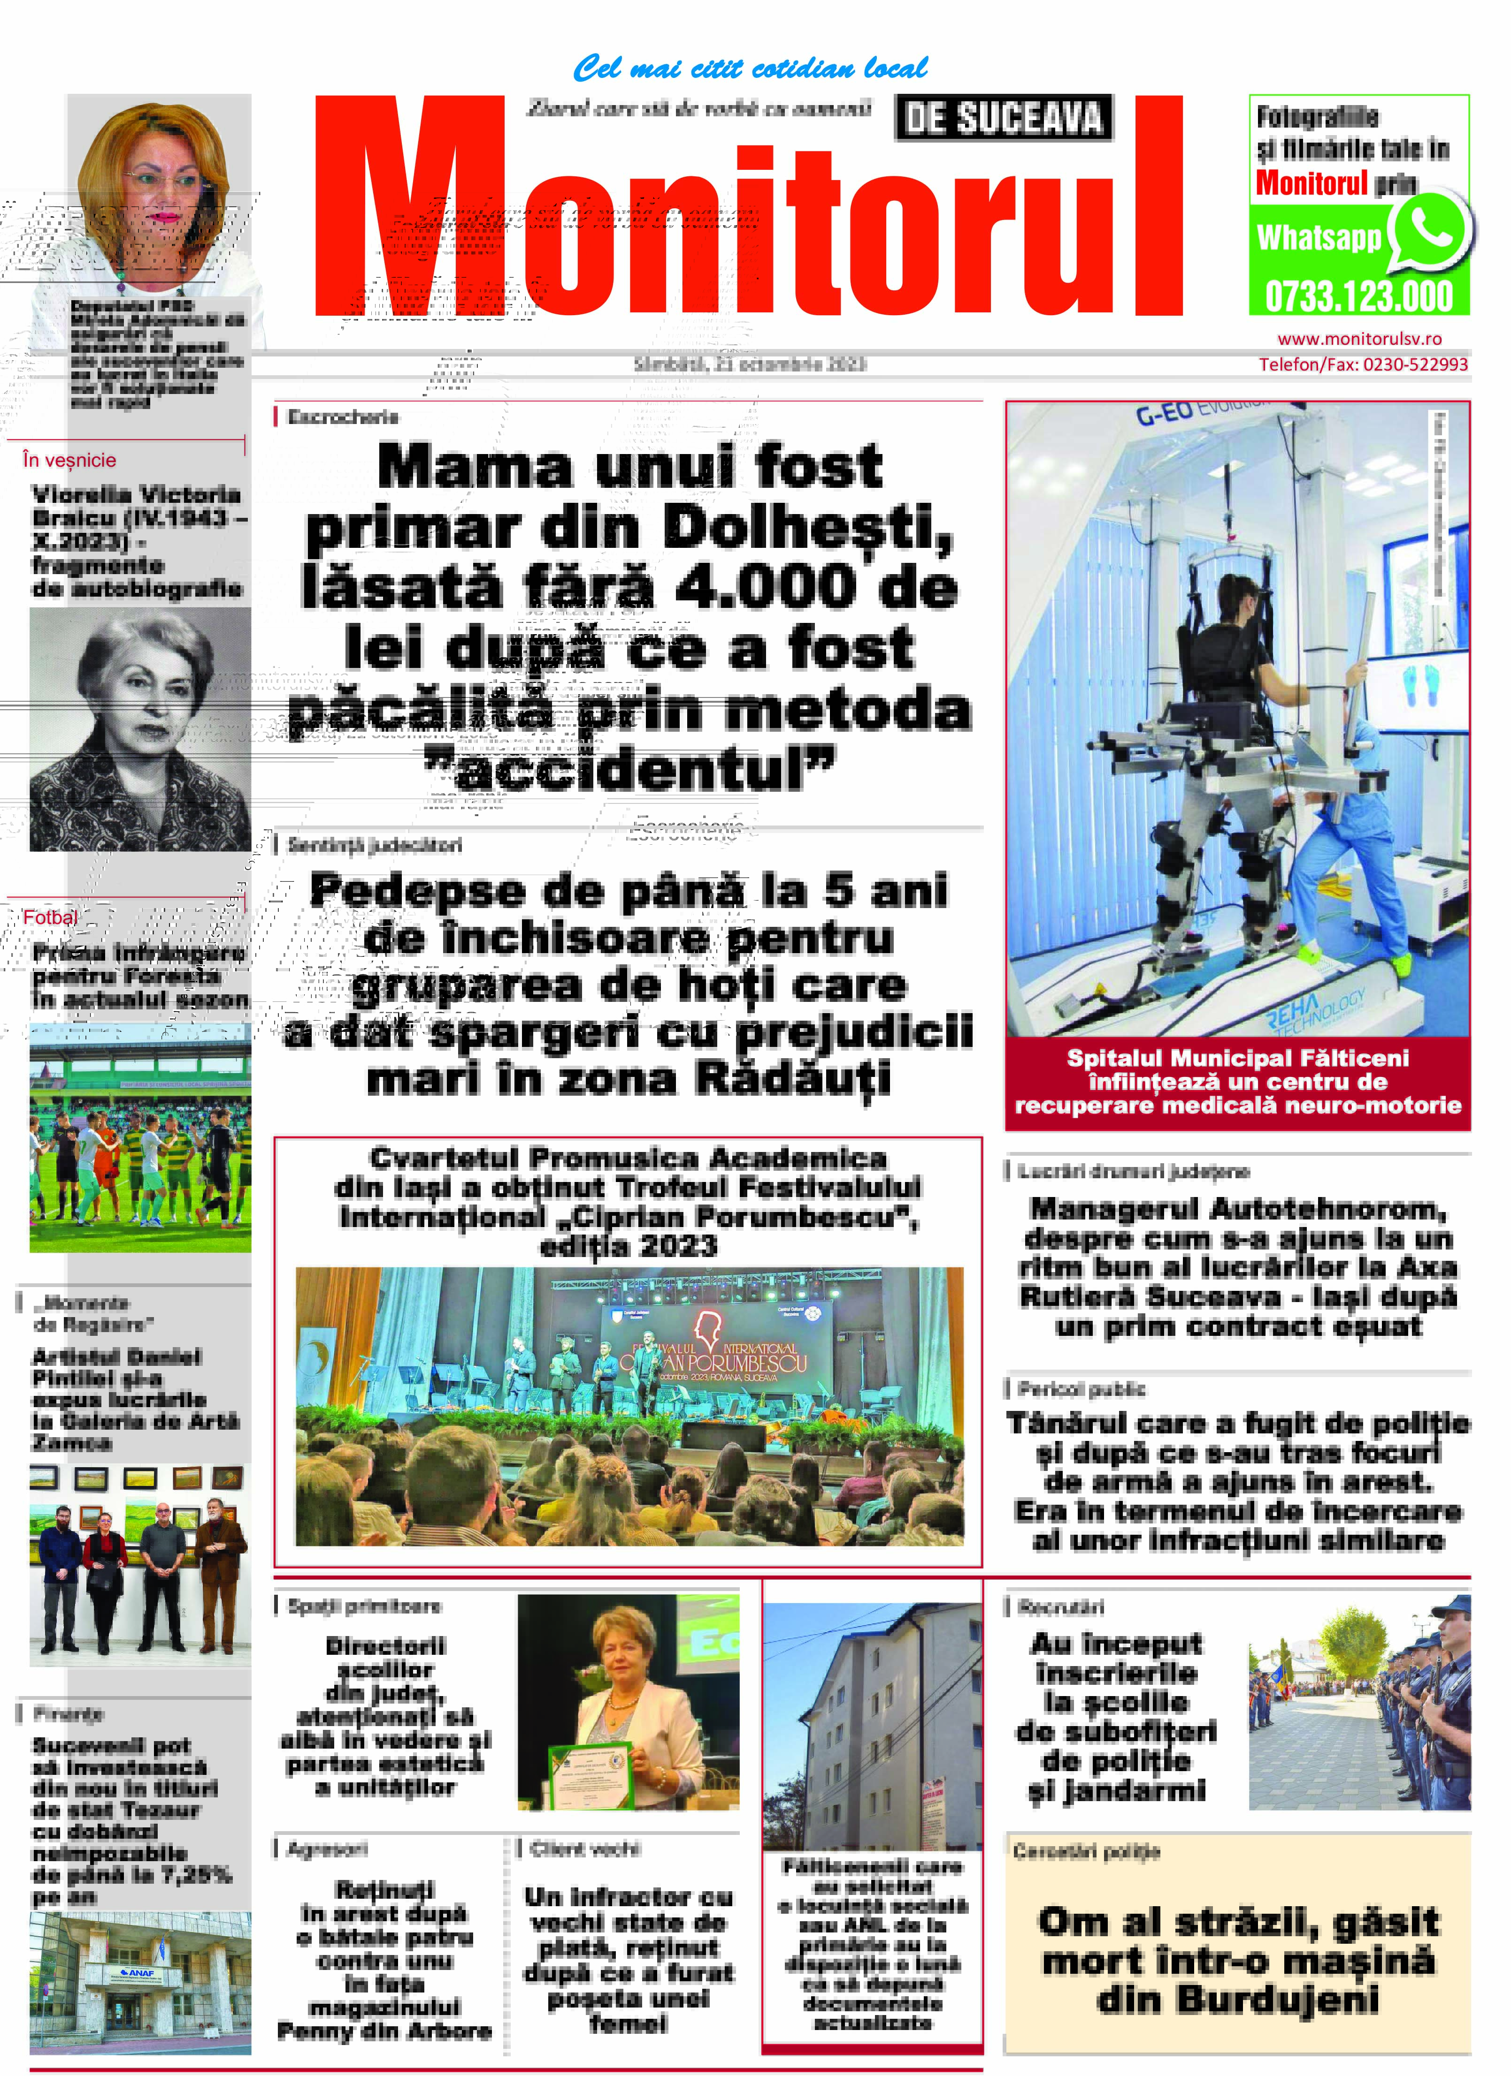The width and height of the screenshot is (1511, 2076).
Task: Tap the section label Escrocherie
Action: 344,417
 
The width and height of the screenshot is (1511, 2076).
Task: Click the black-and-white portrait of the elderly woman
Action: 140,729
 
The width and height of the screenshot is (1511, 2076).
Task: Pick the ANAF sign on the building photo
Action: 140,1978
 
